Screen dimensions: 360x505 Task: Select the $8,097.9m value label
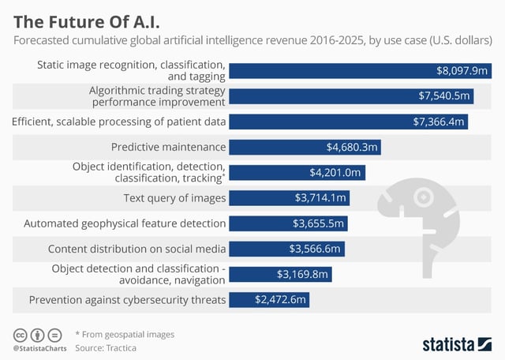click(x=462, y=70)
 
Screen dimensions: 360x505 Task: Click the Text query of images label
click(x=174, y=197)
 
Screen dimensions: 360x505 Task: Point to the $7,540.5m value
click(x=444, y=96)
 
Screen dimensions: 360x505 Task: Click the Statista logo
click(x=457, y=343)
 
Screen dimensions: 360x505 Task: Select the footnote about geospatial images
click(x=125, y=334)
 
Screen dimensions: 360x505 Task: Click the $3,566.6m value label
click(x=314, y=249)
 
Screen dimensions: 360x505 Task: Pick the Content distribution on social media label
click(x=137, y=249)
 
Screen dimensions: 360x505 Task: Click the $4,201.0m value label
click(x=335, y=172)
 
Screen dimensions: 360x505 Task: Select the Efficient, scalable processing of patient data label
click(x=119, y=122)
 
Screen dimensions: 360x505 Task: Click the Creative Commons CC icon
click(x=20, y=334)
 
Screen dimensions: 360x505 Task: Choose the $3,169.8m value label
click(x=301, y=274)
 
